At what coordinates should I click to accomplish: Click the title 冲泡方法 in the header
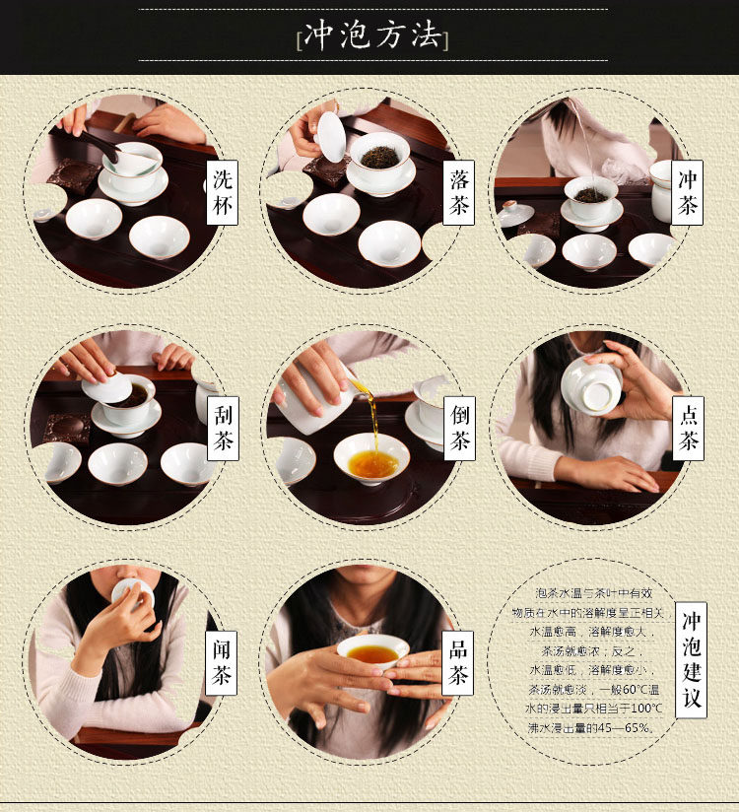click(372, 35)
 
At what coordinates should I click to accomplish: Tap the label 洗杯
click(222, 192)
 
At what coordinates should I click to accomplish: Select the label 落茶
click(459, 192)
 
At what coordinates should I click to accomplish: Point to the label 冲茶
click(687, 192)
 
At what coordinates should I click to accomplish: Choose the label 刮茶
click(223, 429)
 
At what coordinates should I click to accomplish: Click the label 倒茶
click(459, 429)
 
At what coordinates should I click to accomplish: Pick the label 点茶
click(688, 429)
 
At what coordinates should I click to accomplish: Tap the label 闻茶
click(221, 663)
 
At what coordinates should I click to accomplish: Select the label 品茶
click(458, 663)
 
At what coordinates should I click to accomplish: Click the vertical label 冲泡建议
click(692, 660)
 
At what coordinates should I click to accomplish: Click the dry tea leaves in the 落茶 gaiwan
click(379, 157)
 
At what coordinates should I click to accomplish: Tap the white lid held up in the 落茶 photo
click(330, 137)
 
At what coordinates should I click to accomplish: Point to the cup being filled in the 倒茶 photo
click(371, 459)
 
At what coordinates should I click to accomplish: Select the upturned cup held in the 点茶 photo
click(591, 386)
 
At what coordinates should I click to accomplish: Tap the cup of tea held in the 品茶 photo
click(372, 650)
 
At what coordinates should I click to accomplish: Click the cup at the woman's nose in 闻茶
click(133, 593)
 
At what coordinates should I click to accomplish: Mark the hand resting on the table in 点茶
click(610, 474)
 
